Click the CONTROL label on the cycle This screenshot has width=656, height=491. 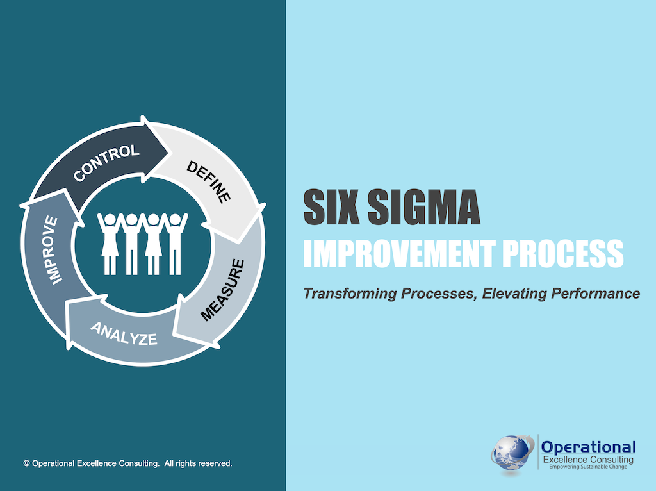[x=106, y=163]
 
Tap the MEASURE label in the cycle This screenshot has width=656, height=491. [x=222, y=290]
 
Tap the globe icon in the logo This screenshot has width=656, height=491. [x=512, y=453]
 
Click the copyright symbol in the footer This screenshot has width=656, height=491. [x=26, y=463]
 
